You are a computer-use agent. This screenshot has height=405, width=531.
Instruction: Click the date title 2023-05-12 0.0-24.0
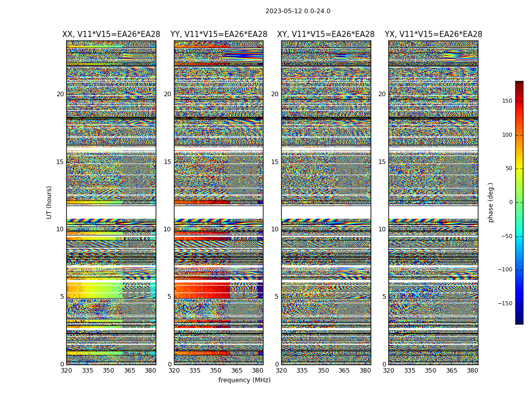pos(298,11)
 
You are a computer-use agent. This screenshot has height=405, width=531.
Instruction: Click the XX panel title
pos(111,34)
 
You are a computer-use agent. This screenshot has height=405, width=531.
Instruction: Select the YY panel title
pos(218,34)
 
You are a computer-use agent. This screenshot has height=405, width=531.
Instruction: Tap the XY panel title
pos(326,34)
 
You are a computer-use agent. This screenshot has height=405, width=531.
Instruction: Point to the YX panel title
pos(433,34)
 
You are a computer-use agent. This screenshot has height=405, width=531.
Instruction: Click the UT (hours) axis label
pos(50,202)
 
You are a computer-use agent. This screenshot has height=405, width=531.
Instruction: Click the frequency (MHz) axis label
pos(244,380)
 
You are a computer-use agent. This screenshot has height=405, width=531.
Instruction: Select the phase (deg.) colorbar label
pos(491,202)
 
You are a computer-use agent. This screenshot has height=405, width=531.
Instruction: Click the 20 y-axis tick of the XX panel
pos(60,94)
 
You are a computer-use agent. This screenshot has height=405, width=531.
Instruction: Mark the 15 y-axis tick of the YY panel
pos(167,162)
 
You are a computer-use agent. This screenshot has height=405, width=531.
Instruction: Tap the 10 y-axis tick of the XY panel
pos(275,229)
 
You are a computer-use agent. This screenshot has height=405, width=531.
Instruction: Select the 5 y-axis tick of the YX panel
pos(384,297)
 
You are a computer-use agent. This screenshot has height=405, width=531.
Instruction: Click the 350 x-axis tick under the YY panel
pos(216,371)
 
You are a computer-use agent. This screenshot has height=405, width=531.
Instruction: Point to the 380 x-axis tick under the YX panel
pos(472,371)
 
